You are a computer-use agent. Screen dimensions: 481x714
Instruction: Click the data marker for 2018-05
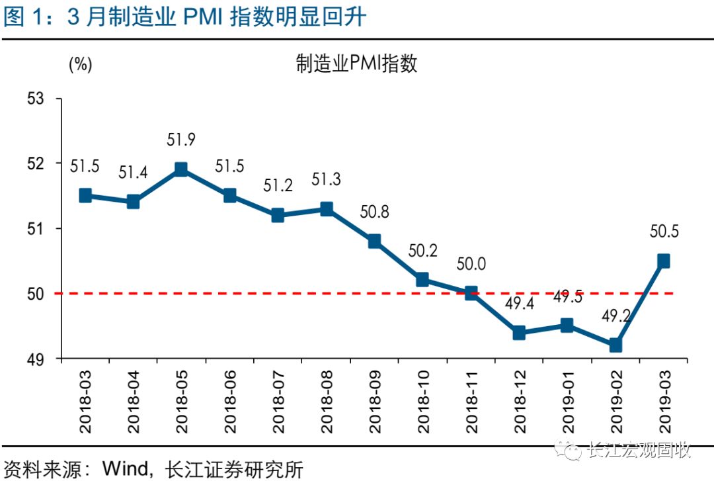[x=181, y=169]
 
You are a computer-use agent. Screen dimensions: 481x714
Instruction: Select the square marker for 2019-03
[x=663, y=261]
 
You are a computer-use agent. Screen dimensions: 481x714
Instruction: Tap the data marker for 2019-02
[x=615, y=345]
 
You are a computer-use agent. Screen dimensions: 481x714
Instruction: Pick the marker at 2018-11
[x=471, y=293]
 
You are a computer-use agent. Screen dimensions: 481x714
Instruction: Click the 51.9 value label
[x=181, y=140]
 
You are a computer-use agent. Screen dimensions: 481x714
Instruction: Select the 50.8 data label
[x=374, y=212]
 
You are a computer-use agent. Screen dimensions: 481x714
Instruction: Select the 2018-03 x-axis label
[x=85, y=402]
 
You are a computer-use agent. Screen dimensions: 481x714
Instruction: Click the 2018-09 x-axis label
[x=374, y=402]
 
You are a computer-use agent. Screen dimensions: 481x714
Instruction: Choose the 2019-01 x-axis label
[x=567, y=402]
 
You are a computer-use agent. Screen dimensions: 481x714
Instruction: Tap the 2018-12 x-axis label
[x=519, y=402]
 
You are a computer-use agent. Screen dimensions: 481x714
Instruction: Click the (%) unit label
[x=80, y=64]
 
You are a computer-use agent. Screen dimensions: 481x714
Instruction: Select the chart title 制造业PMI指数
[x=356, y=64]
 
